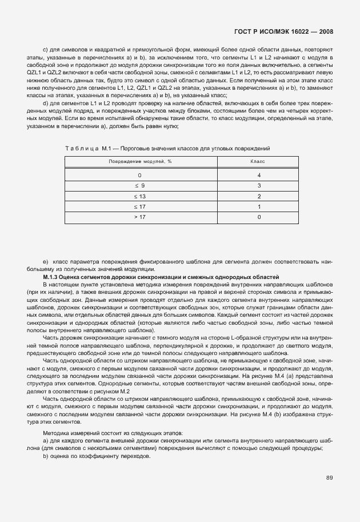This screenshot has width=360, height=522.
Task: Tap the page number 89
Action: click(330, 477)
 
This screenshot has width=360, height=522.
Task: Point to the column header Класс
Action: click(259, 162)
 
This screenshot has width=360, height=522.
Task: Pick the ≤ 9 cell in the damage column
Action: click(139, 185)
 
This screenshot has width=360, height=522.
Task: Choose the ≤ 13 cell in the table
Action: click(139, 196)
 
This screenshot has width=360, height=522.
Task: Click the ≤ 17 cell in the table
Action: click(139, 206)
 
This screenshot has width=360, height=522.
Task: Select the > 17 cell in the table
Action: click(139, 217)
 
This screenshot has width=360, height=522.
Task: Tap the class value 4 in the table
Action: click(259, 175)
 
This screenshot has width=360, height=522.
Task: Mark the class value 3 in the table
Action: click(259, 185)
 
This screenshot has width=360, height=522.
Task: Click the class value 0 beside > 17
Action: click(259, 217)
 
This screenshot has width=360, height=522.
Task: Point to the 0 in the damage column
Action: click(139, 175)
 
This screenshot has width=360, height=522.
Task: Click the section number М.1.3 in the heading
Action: click(52, 277)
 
